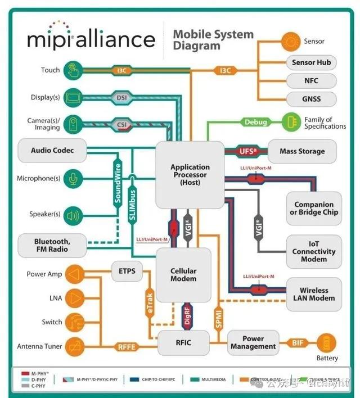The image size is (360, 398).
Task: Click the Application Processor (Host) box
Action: coord(190,175)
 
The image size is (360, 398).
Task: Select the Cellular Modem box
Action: coord(183,275)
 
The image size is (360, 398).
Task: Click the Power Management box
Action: coord(253,342)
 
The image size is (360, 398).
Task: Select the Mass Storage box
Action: coord(302,151)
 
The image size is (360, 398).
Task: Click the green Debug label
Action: coord(255,122)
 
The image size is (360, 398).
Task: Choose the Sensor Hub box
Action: coord(311,62)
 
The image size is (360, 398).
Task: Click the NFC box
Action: coord(311,81)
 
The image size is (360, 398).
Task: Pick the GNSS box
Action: coord(311,99)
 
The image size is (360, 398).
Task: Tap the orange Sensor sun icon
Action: coord(292,41)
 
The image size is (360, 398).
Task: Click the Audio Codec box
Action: coord(53,150)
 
